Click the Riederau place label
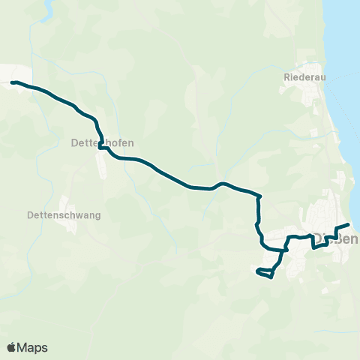point(304,76)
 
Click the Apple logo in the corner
point(12,347)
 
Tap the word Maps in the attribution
point(33,347)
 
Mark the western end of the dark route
point(12,82)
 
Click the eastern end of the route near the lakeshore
point(349,225)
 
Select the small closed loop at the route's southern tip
point(264,272)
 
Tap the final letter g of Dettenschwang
point(97,216)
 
